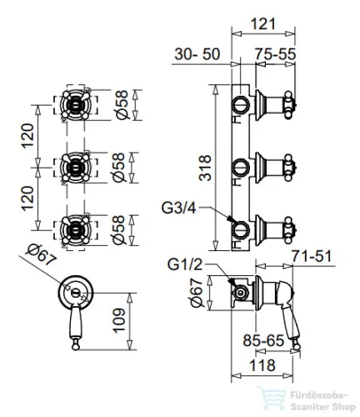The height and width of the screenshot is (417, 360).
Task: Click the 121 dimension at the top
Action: pyautogui.click(x=262, y=23)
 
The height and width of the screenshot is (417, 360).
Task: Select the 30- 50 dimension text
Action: pyautogui.click(x=197, y=54)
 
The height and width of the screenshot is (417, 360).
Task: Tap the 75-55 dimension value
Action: pyautogui.click(x=276, y=54)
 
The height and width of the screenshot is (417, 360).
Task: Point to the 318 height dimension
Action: pyautogui.click(x=206, y=168)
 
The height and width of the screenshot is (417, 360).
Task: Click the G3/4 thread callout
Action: pyautogui.click(x=179, y=208)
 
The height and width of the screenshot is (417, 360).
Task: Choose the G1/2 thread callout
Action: pyautogui.click(x=185, y=264)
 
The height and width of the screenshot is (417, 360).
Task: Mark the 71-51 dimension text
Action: pyautogui.click(x=312, y=256)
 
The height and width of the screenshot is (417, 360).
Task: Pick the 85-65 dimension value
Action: pyautogui.click(x=263, y=340)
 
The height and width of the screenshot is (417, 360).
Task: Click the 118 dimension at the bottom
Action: pyautogui.click(x=262, y=365)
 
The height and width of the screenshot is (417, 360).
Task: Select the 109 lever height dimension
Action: pyautogui.click(x=119, y=320)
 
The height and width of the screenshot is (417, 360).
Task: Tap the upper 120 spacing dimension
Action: pyautogui.click(x=28, y=136)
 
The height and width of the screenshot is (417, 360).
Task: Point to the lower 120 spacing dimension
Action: pyautogui.click(x=28, y=198)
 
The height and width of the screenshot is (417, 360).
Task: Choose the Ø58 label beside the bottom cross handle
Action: pyautogui.click(x=119, y=230)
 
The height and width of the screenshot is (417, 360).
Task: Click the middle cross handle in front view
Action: pyautogui.click(x=76, y=168)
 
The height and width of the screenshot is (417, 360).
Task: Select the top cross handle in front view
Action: pyautogui.click(x=76, y=105)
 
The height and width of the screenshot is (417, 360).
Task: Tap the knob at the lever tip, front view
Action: pyautogui.click(x=76, y=345)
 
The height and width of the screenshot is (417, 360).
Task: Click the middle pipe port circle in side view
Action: pyautogui.click(x=241, y=168)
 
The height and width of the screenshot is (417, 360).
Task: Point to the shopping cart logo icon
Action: pyautogui.click(x=272, y=398)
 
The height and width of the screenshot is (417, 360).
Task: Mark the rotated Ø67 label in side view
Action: pyautogui.click(x=197, y=293)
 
